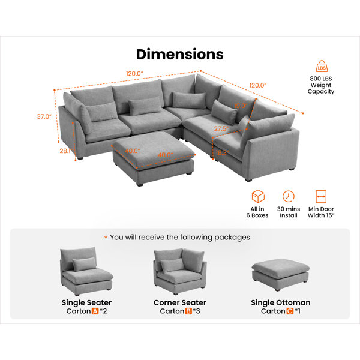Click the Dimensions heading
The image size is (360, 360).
[179, 53]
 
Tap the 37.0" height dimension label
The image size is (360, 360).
[44, 117]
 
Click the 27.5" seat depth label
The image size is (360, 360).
[221, 128]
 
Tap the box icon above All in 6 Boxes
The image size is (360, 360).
[258, 197]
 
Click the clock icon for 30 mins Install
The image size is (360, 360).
[289, 197]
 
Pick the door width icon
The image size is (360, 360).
[321, 197]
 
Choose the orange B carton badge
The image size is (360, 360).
[188, 312]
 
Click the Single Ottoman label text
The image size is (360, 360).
[280, 302]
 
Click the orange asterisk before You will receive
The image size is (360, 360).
[106, 238]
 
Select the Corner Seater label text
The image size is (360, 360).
[179, 302]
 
